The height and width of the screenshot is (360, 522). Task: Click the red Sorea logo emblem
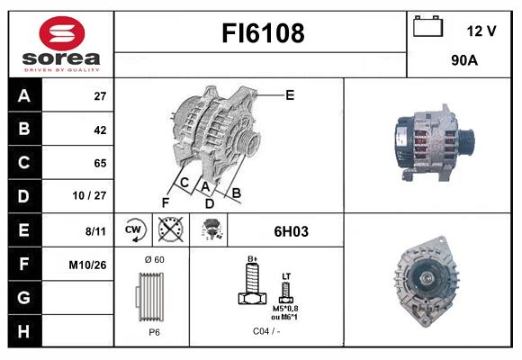coord(62,33)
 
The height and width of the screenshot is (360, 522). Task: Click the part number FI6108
coord(263,33)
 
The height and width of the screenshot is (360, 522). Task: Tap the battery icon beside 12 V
coord(427,26)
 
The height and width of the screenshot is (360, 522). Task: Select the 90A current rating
coord(464,60)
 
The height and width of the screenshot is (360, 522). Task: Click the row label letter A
coord(24,95)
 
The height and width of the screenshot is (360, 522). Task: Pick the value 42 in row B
coord(100,130)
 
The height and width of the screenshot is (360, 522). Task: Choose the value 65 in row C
coord(100,163)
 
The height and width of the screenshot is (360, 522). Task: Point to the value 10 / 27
coord(89,195)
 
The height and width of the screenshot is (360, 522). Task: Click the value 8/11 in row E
coord(95,231)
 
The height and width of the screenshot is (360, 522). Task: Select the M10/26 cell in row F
coord(87,265)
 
